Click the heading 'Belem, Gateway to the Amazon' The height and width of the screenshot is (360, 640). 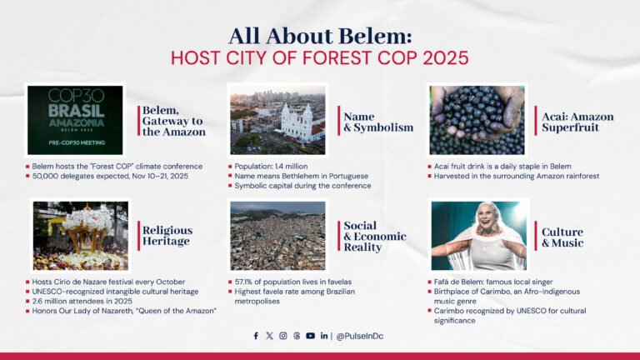coord(171,121)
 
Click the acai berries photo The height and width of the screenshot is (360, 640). coord(477,119)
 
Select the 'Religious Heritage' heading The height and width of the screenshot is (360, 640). coord(167,236)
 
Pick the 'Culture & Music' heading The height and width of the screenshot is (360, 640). coord(562,237)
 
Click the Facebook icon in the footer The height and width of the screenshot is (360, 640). coord(256,336)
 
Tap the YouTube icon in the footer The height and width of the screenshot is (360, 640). coord(310,336)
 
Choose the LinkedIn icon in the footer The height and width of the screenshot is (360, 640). coord(323,336)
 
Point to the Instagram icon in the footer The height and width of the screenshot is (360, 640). coord(283,336)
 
